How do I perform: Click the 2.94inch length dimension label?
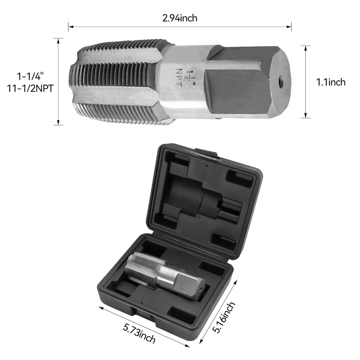coord(180,18)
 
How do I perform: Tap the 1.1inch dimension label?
coord(331,82)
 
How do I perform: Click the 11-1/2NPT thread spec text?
coord(30,88)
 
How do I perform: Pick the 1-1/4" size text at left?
coord(30,76)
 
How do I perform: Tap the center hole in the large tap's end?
coord(280,82)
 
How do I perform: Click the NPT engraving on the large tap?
coord(179,77)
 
